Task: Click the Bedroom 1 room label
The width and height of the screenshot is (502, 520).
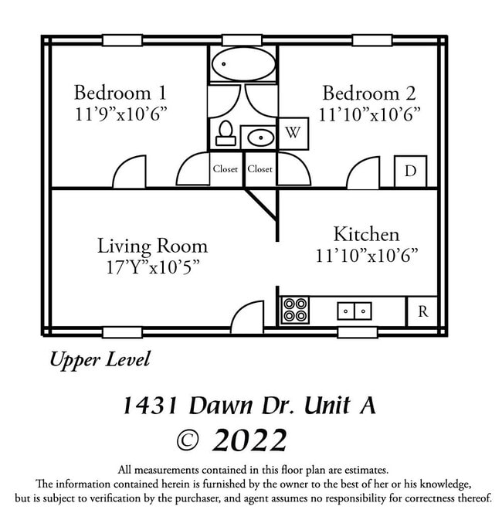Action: point(120,93)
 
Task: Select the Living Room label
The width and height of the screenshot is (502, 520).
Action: point(152,246)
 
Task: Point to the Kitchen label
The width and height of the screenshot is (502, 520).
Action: point(366,234)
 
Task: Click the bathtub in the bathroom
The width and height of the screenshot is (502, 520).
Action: point(243,64)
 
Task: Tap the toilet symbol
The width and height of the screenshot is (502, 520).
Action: point(225,134)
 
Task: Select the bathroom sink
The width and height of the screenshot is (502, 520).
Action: point(259,138)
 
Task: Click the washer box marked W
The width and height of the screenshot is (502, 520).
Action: point(293,132)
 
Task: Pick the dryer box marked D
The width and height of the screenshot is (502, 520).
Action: point(410,171)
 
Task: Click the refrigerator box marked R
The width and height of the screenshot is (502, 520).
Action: point(422,311)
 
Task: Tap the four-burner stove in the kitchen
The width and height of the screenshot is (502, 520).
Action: point(294,311)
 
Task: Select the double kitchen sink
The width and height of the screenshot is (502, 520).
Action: point(354,311)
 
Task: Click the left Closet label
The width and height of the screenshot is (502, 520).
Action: point(226,169)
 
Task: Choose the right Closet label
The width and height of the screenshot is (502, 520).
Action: point(260,169)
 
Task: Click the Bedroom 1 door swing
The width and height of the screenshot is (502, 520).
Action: point(130,173)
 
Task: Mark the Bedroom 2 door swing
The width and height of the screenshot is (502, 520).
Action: point(363,174)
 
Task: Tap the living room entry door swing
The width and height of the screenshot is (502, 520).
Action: point(248,315)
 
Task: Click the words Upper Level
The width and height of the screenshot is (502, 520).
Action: point(100,359)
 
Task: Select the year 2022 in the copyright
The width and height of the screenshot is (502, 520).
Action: point(249,440)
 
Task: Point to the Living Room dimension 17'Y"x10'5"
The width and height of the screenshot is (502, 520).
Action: point(152,267)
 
